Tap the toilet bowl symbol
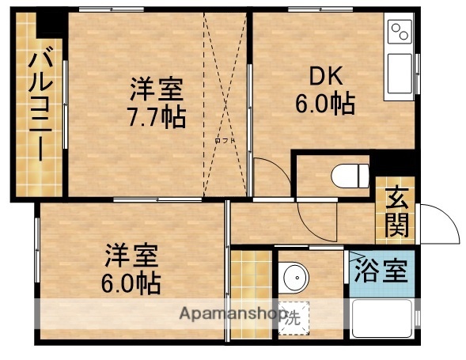coord(349,173)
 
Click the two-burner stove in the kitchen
coord(399,33)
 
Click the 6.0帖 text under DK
coord(324,104)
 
